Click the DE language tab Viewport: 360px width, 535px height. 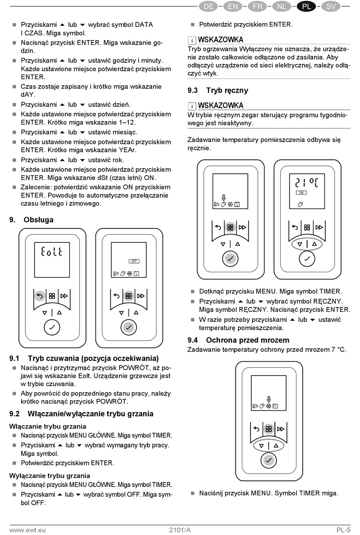pyautogui.click(x=208, y=6)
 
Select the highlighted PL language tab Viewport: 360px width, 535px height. pyautogui.click(x=306, y=6)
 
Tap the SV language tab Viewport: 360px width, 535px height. pyautogui.click(x=331, y=6)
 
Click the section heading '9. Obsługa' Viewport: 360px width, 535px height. pyautogui.click(x=31, y=220)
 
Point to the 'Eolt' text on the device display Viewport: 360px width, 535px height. pyautogui.click(x=52, y=251)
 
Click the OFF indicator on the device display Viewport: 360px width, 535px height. pyautogui.click(x=134, y=261)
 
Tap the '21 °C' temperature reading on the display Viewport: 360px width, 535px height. pyautogui.click(x=307, y=183)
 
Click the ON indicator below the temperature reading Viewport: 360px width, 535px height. pyautogui.click(x=301, y=193)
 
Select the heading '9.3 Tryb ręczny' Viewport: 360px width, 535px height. pyautogui.click(x=218, y=90)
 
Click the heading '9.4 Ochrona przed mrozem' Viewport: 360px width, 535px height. pyautogui.click(x=238, y=340)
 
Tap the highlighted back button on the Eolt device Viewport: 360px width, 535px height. pyautogui.click(x=39, y=296)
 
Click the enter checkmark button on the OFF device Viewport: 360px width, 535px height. pyautogui.click(x=129, y=327)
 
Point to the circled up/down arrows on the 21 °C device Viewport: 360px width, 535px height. pyautogui.click(x=307, y=244)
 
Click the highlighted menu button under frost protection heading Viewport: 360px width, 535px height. pyautogui.click(x=269, y=429)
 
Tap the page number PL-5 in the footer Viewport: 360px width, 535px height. pyautogui.click(x=343, y=530)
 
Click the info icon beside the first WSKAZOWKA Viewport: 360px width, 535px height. pyautogui.click(x=192, y=40)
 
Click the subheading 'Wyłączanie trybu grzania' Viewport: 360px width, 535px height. pyautogui.click(x=50, y=476)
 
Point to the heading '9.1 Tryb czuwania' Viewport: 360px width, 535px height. pyautogui.click(x=84, y=358)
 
